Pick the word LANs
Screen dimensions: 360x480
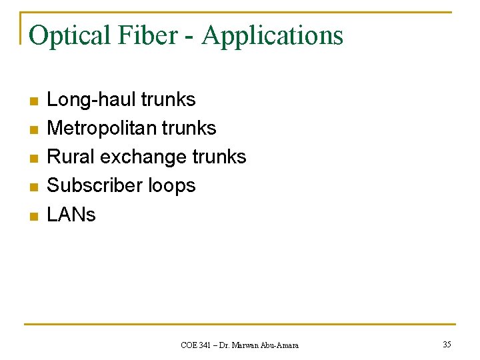pyautogui.click(x=71, y=215)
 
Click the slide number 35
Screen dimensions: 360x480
pyautogui.click(x=447, y=345)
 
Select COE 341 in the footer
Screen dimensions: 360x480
pyautogui.click(x=196, y=345)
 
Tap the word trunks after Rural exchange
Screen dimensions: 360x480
pyautogui.click(x=219, y=157)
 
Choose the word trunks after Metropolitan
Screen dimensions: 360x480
pyautogui.click(x=189, y=128)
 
